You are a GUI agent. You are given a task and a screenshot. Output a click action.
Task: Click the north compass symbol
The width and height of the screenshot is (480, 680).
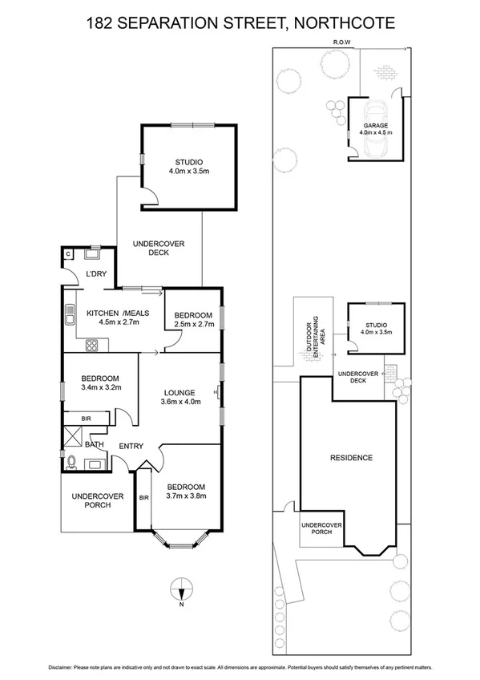tap(183, 591)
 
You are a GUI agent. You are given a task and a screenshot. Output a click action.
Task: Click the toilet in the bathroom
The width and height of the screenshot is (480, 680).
tap(73, 461)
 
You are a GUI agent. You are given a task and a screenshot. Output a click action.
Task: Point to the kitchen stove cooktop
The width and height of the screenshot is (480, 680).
tap(91, 346)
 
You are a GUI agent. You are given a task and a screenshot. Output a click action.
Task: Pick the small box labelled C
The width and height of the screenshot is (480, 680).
tap(68, 255)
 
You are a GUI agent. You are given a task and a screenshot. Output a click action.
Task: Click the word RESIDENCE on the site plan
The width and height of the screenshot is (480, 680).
tap(352, 458)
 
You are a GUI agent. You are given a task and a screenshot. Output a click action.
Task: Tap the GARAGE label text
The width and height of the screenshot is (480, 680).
tap(375, 126)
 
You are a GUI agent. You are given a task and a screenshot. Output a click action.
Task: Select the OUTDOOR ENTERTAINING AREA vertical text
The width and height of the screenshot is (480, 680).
tap(316, 337)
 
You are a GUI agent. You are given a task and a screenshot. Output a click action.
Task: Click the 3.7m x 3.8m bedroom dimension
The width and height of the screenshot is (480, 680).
tap(186, 496)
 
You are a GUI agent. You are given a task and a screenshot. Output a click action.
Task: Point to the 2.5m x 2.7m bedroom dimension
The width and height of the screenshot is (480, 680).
tap(193, 324)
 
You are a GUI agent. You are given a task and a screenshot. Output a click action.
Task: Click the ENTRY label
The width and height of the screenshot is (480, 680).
tap(131, 446)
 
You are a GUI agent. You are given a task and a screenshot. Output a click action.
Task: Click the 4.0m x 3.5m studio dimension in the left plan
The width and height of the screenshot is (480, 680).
tap(189, 172)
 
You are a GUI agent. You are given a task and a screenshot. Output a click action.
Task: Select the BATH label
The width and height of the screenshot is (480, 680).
tap(95, 444)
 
